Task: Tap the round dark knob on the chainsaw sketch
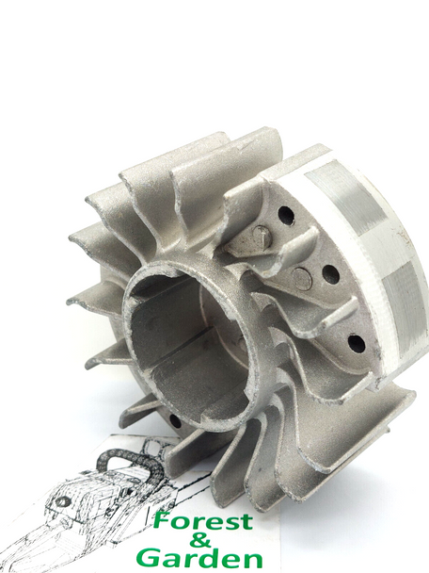pos(63,502)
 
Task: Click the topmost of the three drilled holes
pos(286,216)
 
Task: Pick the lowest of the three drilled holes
pos(357,343)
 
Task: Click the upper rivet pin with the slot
pos(261,238)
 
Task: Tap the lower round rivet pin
pos(301,279)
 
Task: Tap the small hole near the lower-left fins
pos(175,421)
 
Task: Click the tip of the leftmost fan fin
pos(71,303)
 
